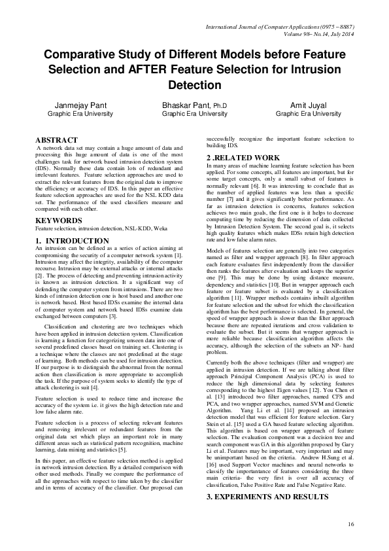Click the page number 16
(350, 524)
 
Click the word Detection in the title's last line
(195, 85)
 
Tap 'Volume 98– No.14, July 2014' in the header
(313, 37)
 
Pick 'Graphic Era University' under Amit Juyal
(308, 114)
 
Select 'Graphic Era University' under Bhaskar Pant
(195, 114)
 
